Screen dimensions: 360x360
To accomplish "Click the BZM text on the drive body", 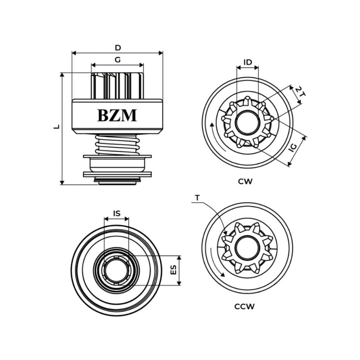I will point(117,115).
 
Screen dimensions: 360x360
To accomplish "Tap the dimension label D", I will point(118,47).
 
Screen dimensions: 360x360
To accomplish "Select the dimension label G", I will point(118,60).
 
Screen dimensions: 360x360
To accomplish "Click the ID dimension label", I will point(248,62).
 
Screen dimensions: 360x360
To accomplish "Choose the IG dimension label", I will point(293,147).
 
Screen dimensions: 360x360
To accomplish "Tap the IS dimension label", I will point(117,213).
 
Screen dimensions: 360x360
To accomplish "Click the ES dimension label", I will point(173,270).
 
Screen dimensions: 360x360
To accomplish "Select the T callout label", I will point(197,198).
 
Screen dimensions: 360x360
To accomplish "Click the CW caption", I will point(245,182).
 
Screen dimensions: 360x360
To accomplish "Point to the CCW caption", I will point(245,307).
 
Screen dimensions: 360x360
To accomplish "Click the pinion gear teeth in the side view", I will point(117,86).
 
